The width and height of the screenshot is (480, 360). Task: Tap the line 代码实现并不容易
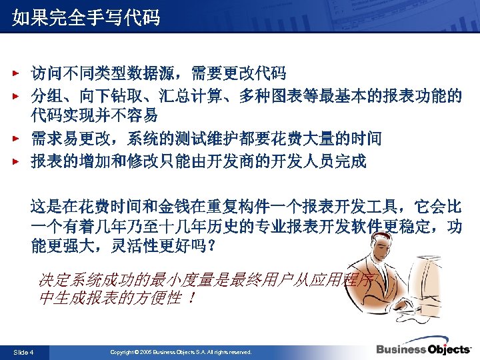[x=94, y=116]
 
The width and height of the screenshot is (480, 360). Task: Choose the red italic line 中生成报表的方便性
[x=117, y=298]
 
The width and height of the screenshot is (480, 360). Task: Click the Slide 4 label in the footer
[x=24, y=351]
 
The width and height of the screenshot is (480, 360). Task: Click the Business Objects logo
[x=423, y=349]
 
